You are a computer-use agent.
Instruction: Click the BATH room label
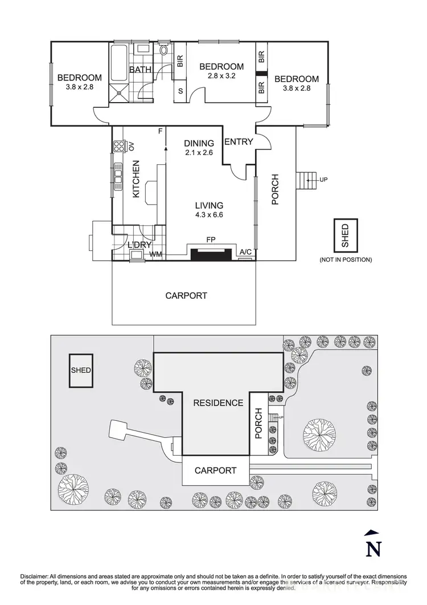point(140,70)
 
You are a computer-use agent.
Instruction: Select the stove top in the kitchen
point(120,146)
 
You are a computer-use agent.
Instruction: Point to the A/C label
point(246,251)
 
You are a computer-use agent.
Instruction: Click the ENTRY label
point(239,141)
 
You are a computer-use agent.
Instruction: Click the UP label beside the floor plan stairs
point(324,180)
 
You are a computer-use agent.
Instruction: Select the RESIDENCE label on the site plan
point(218,403)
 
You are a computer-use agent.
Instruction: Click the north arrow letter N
point(372,549)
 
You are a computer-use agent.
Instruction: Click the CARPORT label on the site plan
point(215,470)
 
